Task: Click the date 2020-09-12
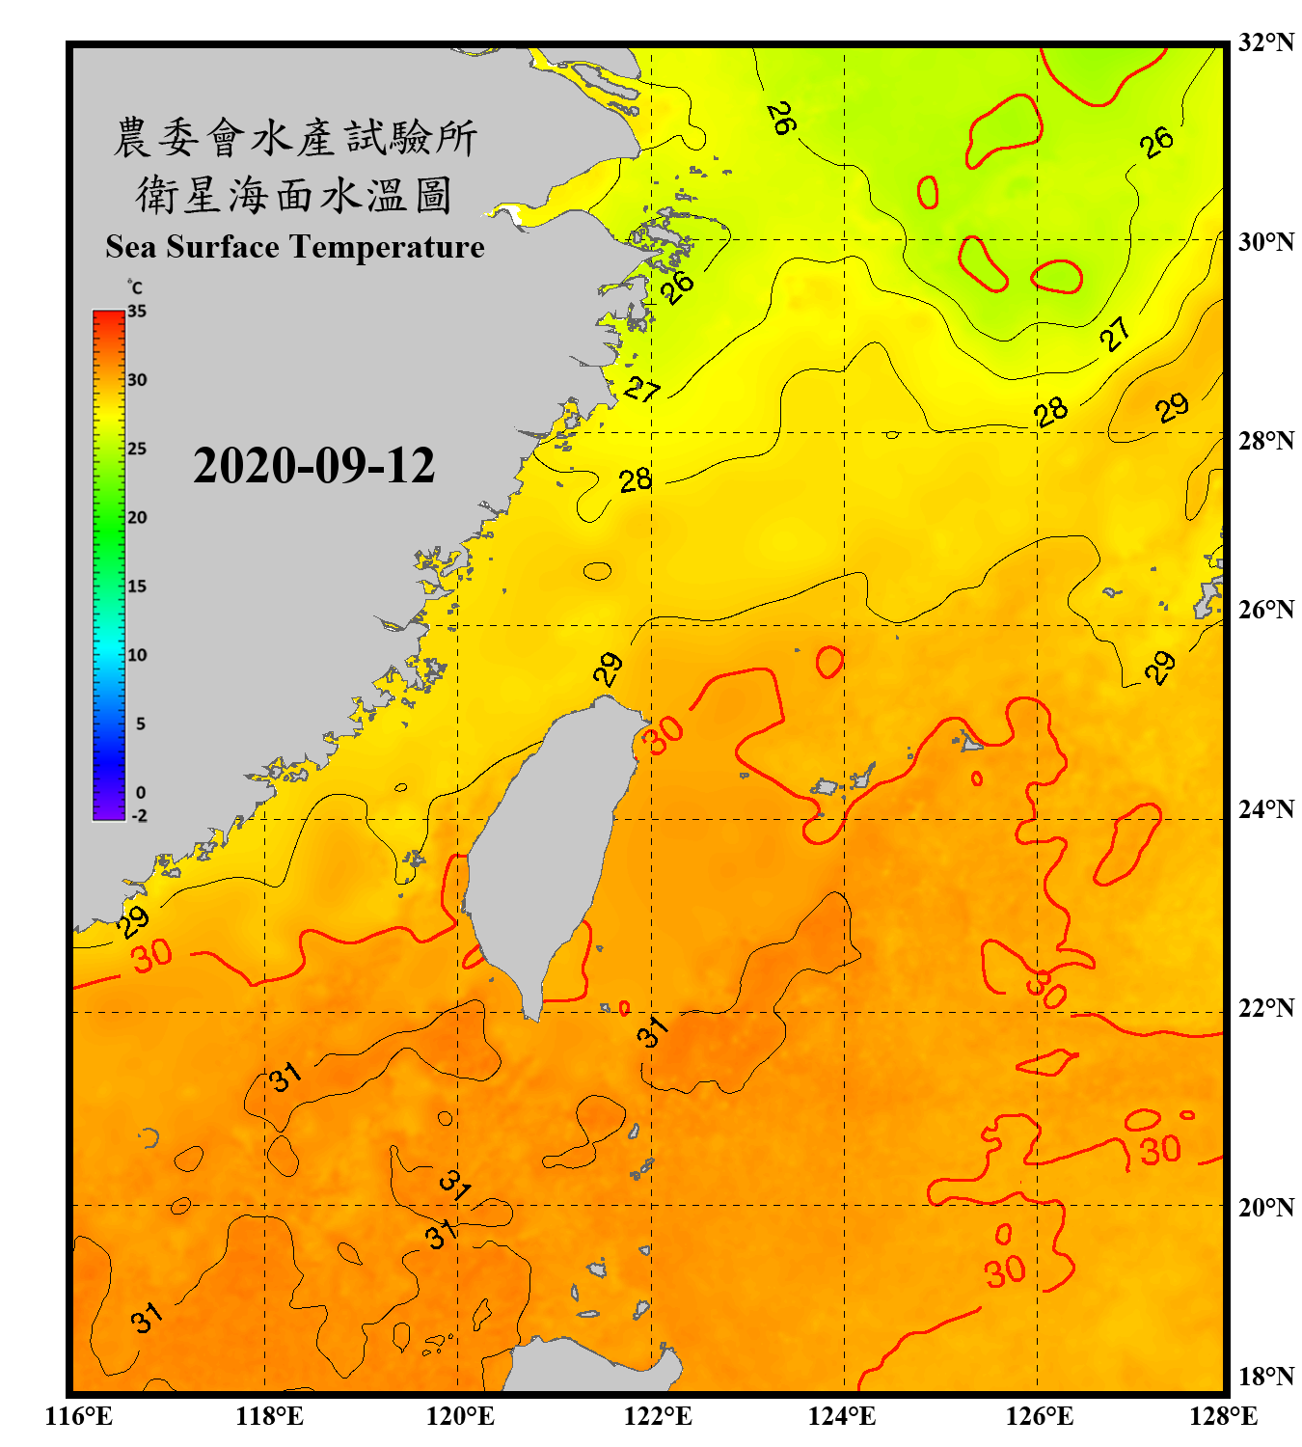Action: pos(313,465)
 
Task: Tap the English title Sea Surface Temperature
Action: pos(295,247)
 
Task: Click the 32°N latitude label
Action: pos(1265,42)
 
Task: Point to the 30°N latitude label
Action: pos(1265,241)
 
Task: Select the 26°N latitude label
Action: pos(1265,610)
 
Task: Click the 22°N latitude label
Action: pos(1265,1008)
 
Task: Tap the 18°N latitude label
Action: pos(1265,1376)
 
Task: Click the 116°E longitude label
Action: pos(79,1416)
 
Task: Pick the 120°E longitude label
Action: pos(460,1416)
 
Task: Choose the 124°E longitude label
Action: pos(842,1416)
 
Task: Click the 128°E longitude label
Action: pos(1223,1416)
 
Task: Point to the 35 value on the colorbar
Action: pos(137,312)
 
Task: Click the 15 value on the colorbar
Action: pos(137,587)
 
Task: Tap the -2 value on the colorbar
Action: pos(140,815)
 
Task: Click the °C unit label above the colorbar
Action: pos(135,287)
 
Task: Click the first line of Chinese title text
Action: pos(295,138)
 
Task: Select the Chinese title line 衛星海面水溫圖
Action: pos(295,196)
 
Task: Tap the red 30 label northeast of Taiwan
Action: pos(664,735)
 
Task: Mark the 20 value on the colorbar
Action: pos(137,518)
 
